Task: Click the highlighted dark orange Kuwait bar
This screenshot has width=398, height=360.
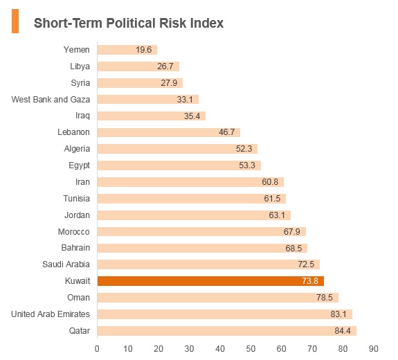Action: pos(210,281)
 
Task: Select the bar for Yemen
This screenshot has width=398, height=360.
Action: pos(127,50)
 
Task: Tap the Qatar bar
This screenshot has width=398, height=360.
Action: pos(227,331)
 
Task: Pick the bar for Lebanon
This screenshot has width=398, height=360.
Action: pos(169,132)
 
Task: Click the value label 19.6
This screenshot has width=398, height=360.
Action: pos(144,50)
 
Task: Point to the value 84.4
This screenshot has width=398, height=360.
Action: pos(343,331)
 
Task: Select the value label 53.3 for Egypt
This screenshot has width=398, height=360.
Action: pos(247,165)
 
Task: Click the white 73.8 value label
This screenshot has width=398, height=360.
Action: pos(310,281)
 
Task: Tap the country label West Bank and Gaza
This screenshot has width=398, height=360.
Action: pos(51,100)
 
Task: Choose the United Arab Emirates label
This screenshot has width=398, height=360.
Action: pos(51,314)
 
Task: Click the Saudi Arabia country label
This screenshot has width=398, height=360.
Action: pos(66,264)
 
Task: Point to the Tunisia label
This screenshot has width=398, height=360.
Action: pos(76,199)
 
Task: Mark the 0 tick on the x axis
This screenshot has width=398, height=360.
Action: pos(97,349)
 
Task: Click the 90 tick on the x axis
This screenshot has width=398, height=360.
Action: pos(373,349)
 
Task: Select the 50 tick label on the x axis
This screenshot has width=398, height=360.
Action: pos(251,349)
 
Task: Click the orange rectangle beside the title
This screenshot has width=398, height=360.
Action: pos(15,21)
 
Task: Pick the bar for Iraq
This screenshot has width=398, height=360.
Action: pos(152,116)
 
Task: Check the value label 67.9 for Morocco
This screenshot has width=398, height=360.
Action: pos(291,232)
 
